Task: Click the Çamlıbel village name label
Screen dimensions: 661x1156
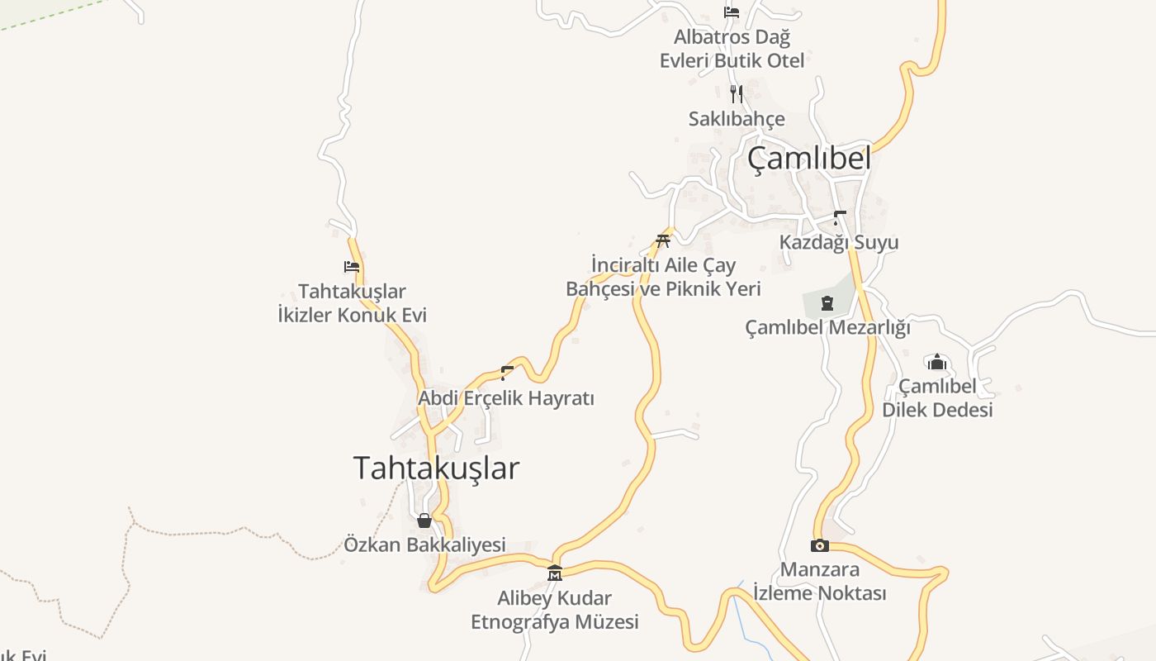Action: click(809, 158)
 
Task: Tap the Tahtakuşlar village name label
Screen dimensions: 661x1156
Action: click(436, 468)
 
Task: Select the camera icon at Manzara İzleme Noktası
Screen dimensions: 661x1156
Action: click(820, 545)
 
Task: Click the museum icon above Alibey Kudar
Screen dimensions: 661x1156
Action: click(555, 573)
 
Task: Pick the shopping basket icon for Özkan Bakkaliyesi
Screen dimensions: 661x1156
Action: click(424, 521)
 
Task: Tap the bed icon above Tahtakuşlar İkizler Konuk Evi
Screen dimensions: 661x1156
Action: click(352, 267)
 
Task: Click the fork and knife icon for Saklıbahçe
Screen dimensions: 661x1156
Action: click(737, 93)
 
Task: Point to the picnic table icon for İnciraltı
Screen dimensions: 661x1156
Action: click(662, 240)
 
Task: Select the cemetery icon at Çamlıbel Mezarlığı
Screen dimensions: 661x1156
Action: click(827, 303)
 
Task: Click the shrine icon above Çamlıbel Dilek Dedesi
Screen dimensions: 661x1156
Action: click(936, 362)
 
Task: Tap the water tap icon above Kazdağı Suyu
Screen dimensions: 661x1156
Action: click(839, 218)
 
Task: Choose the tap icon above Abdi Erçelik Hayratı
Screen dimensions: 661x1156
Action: click(506, 373)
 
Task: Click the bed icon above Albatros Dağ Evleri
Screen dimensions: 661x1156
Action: click(731, 12)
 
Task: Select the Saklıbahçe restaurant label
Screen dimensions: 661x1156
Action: click(737, 119)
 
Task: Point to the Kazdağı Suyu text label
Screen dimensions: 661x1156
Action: click(839, 242)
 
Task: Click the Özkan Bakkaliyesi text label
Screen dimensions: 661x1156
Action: click(424, 544)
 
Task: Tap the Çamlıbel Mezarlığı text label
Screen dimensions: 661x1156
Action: click(827, 327)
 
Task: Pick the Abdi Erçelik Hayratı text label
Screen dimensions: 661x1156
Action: click(506, 397)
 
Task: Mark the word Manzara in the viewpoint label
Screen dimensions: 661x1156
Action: click(820, 569)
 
